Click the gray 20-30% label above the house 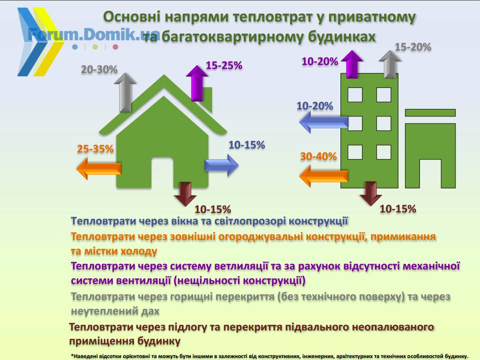point(99,69)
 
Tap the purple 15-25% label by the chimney point(224,65)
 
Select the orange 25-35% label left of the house point(95,149)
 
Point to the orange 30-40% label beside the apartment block point(318,156)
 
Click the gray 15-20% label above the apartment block point(413,47)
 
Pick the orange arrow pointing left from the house point(98,168)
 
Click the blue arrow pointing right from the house point(221,165)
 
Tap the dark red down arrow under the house point(185,194)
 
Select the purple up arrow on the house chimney point(197,83)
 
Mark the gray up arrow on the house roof point(125,92)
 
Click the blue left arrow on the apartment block point(323,122)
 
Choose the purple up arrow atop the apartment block point(352,64)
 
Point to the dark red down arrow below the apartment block point(370,193)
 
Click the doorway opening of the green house point(162,172)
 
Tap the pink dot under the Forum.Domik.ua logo point(115,47)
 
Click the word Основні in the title point(131,17)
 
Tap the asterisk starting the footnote point(72,355)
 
